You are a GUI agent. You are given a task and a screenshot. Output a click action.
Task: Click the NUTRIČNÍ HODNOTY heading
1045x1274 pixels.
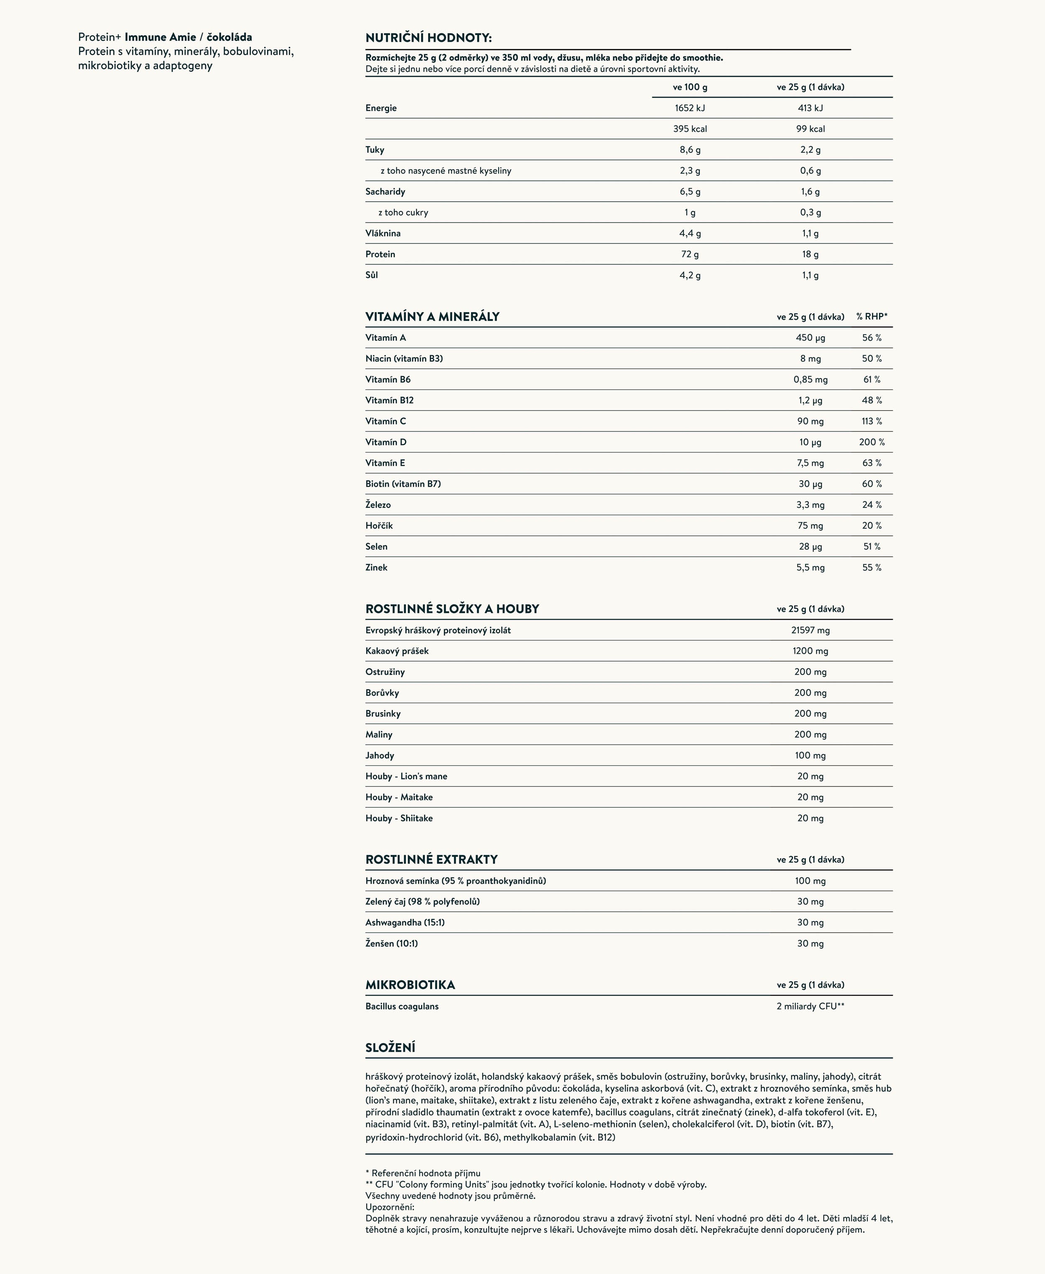(428, 38)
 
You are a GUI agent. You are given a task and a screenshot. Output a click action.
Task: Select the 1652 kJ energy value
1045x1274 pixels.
(689, 108)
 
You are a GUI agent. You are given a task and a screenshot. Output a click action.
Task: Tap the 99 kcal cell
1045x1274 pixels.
(810, 129)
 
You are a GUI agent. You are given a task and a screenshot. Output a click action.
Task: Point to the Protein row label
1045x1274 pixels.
(380, 254)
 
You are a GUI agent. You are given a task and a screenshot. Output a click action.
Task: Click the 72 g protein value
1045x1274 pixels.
(689, 254)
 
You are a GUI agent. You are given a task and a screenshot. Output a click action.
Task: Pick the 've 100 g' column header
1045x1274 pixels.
(689, 87)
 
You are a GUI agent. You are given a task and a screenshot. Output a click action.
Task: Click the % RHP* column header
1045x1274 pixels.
(871, 316)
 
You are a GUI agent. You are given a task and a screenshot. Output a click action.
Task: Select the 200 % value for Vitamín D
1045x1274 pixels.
(871, 442)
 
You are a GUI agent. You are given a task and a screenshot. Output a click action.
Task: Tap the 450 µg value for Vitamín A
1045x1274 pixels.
(810, 338)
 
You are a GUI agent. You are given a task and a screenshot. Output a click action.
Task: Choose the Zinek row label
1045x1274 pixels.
(376, 567)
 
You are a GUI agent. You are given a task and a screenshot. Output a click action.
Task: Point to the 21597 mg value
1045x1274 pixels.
(810, 630)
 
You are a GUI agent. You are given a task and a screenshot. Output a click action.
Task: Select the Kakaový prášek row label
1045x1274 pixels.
(397, 651)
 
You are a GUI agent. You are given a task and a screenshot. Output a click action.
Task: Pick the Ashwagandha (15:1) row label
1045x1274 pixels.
(405, 922)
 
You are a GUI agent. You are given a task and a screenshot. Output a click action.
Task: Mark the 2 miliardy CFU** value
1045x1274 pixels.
(810, 1006)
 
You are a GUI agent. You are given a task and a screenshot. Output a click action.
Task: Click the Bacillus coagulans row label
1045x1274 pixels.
(402, 1006)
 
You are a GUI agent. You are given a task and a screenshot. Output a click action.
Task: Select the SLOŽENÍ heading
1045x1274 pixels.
(390, 1048)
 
